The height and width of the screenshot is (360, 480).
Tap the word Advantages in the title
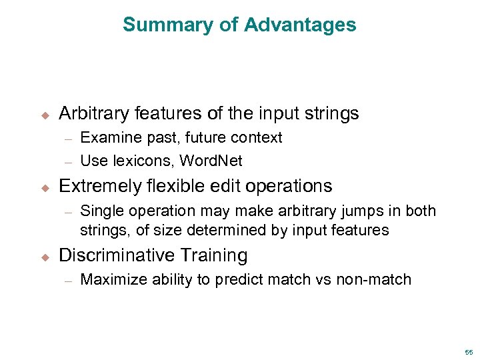point(300,25)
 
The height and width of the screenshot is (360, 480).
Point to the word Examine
point(107,138)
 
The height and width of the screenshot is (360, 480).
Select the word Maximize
point(111,280)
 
